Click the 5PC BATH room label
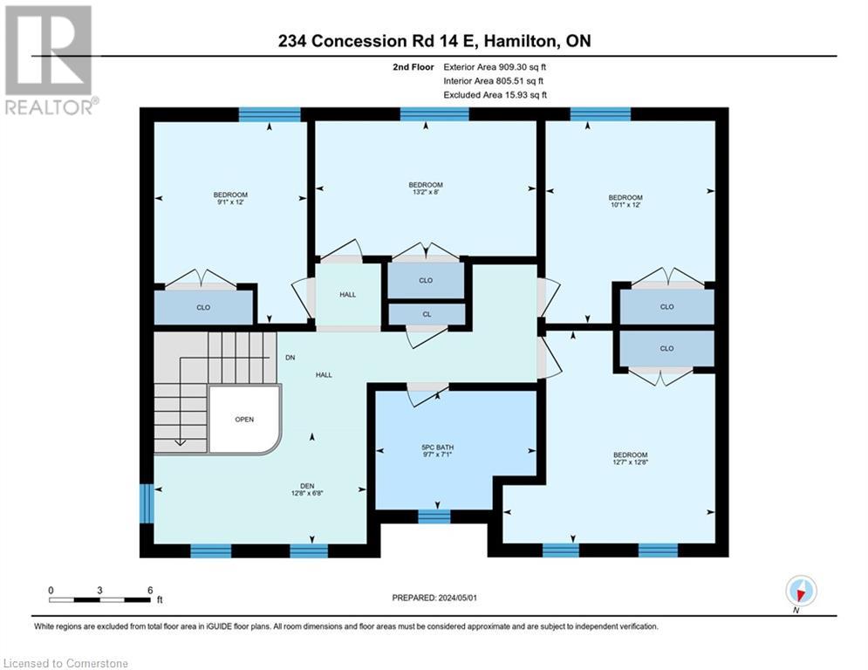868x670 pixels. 437,448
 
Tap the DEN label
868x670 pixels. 307,486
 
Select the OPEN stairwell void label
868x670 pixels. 244,419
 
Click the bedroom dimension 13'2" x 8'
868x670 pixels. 426,192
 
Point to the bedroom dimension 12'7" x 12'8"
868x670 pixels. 630,461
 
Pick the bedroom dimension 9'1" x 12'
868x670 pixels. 230,202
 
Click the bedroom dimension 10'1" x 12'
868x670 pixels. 625,205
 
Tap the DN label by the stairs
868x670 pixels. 290,358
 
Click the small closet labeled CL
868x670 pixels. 427,314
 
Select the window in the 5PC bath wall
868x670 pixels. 434,516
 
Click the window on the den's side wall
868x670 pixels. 147,503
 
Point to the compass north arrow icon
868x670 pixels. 801,591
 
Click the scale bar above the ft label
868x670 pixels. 99,599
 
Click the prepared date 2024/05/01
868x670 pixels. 457,598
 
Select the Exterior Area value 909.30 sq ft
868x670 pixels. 522,67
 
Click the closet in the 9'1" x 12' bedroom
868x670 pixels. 203,307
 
